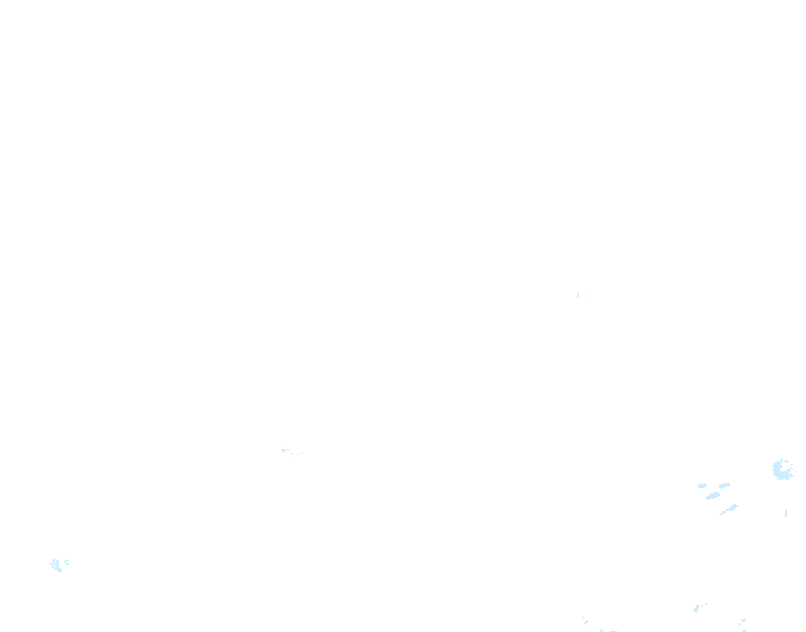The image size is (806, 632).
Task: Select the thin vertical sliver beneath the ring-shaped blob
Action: click(786, 513)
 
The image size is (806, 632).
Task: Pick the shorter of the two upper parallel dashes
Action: click(702, 486)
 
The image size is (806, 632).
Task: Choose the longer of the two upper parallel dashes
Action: click(724, 486)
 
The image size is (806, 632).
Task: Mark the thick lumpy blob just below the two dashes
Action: click(713, 496)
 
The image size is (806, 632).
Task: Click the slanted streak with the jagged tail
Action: click(731, 509)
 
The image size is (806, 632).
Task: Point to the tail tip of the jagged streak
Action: click(720, 515)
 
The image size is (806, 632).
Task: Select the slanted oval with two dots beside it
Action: click(696, 608)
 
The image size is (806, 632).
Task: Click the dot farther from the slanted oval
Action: click(706, 604)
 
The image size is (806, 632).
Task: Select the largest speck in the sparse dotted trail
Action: click(283, 450)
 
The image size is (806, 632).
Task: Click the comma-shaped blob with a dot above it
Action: click(586, 622)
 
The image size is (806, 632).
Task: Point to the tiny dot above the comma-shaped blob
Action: click(584, 617)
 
